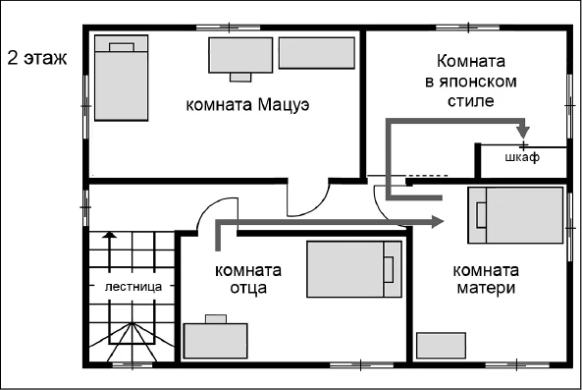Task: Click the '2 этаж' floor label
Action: point(38,57)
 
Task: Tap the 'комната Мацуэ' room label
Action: point(248,104)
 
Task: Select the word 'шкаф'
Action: point(522,158)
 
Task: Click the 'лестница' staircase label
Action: point(132,286)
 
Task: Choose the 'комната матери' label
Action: point(485,279)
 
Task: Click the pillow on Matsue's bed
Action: point(122,46)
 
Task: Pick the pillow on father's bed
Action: point(389,270)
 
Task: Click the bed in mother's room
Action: point(516,216)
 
